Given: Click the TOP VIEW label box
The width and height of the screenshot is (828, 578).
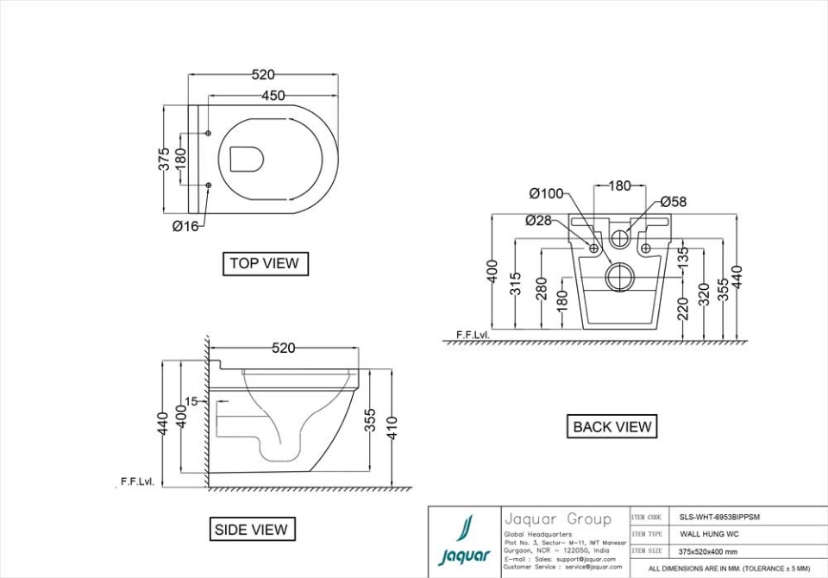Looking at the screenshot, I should pos(265,263).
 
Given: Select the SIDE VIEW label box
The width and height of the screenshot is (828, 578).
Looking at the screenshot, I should pos(252,529).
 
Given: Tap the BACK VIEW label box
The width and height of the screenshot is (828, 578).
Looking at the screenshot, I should pos(612,426).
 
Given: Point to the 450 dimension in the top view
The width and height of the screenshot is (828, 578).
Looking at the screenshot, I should pos(273,96).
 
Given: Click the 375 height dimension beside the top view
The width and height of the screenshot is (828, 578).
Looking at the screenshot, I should pos(164,160).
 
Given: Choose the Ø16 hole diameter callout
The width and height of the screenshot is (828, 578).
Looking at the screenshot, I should pos(185,226).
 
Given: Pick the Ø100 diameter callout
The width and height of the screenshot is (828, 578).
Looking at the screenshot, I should pos(546,193).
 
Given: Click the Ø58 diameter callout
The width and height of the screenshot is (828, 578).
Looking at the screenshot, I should pos(674,202).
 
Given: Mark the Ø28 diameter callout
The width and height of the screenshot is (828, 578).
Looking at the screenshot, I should pos(538,220).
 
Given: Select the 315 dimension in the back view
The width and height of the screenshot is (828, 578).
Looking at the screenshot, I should pos(516,284).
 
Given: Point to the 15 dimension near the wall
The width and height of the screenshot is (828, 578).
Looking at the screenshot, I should pos(191,401).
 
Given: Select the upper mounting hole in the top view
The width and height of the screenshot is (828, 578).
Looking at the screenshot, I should pos(209,133).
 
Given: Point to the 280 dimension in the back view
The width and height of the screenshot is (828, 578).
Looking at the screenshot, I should pos(542,289).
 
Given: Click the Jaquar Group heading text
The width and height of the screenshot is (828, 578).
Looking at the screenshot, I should pos(557,519).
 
